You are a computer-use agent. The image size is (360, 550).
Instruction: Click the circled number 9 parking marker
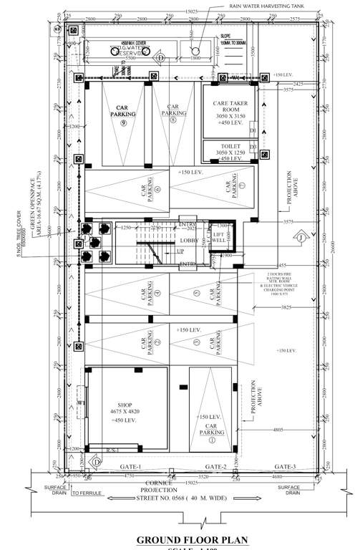tap(123, 123)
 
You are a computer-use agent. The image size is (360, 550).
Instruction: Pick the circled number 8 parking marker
tap(173, 120)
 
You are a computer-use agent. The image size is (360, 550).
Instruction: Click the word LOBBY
tap(188, 241)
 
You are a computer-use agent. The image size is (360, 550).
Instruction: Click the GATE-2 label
tap(215, 465)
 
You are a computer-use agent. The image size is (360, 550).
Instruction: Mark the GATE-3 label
tap(285, 465)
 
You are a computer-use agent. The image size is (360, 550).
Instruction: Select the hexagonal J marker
tap(301, 237)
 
